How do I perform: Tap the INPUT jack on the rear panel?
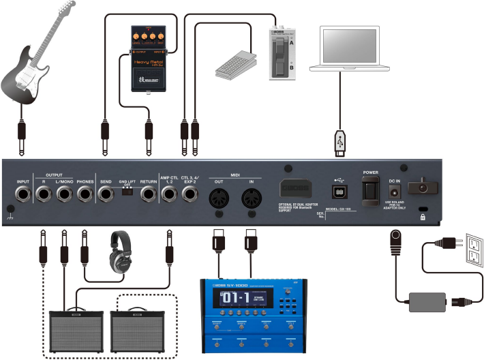coord(25,194)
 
